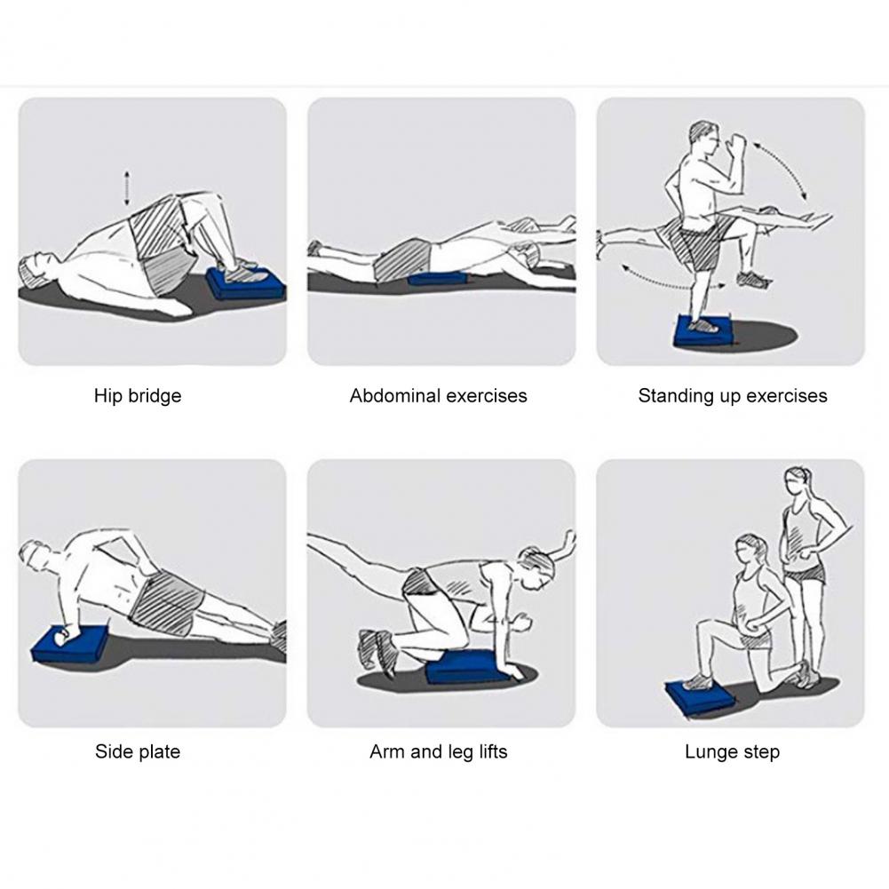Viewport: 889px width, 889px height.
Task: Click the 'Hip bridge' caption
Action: pos(138,396)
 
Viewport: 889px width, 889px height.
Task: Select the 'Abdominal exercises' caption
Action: pos(438,396)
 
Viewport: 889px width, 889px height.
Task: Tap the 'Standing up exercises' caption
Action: pos(733,396)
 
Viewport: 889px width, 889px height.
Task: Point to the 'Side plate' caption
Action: pos(138,752)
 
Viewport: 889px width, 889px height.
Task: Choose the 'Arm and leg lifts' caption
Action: pos(438,752)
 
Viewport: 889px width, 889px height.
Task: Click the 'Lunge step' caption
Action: pos(733,752)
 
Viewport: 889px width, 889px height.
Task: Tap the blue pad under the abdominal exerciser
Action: pos(436,278)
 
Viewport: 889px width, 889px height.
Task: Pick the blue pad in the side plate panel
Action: pos(70,644)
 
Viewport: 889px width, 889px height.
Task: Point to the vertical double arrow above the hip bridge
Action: pos(126,189)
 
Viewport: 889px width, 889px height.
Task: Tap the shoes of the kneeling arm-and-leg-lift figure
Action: pos(377,652)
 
